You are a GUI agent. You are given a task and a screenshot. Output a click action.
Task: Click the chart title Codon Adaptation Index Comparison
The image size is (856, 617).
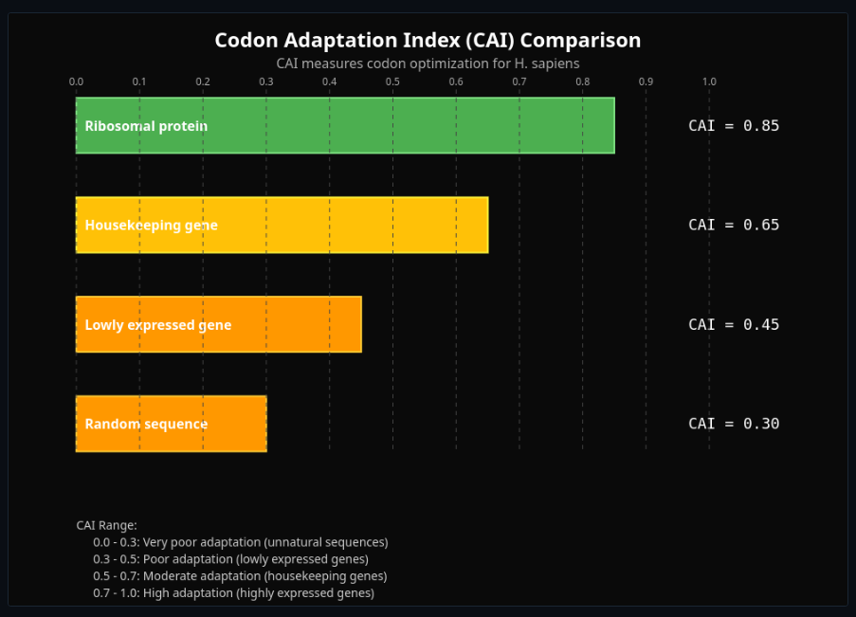(x=428, y=41)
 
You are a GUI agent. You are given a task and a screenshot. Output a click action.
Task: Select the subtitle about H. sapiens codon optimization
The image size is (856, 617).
(x=428, y=64)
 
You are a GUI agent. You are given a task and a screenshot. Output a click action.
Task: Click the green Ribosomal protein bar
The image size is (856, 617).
(x=345, y=126)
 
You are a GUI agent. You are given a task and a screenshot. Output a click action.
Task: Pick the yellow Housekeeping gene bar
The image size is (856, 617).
(x=282, y=226)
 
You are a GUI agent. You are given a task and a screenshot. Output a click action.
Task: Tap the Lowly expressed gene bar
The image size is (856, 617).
(x=218, y=324)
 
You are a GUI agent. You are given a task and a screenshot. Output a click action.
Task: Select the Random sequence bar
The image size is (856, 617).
(x=171, y=424)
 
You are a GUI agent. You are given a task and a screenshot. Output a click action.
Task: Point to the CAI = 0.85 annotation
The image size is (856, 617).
(x=733, y=126)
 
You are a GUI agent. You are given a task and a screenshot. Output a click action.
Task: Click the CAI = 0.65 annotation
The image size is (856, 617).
(x=733, y=226)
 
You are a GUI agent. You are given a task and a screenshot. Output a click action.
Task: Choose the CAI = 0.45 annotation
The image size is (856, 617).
(x=733, y=324)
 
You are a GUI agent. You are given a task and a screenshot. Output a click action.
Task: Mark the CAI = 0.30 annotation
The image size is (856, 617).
(x=733, y=424)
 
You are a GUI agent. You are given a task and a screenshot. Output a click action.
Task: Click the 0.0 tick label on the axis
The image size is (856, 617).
(x=77, y=82)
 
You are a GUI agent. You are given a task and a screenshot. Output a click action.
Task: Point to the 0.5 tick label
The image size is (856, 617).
(x=392, y=82)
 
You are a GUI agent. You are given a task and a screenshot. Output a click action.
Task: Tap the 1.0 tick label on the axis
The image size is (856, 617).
(x=709, y=82)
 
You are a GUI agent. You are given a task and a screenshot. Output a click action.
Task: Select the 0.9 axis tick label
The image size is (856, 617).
(x=646, y=82)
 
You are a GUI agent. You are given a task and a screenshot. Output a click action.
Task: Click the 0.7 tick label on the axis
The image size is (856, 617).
(x=519, y=82)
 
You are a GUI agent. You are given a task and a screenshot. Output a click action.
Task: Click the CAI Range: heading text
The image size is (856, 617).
(x=106, y=525)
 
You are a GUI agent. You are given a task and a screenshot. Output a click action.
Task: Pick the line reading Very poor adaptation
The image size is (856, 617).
(x=240, y=542)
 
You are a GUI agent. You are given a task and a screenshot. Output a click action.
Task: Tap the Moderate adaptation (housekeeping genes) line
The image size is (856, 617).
(x=240, y=576)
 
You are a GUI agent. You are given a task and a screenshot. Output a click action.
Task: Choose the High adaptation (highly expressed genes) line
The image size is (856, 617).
(x=233, y=593)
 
